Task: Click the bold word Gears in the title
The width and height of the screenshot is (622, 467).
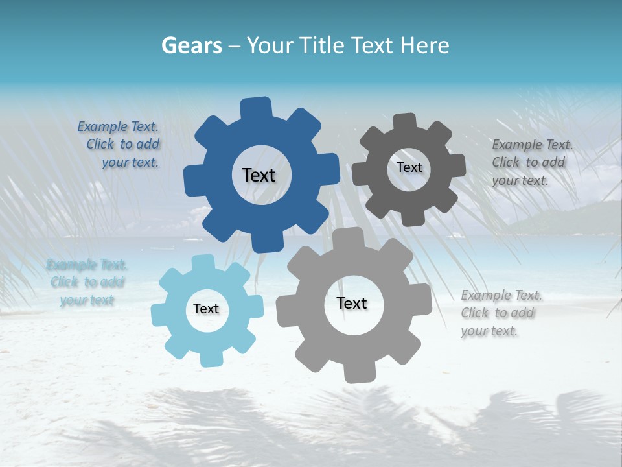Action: [191, 45]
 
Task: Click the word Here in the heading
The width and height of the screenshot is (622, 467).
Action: [424, 45]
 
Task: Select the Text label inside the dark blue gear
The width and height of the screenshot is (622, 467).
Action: [259, 175]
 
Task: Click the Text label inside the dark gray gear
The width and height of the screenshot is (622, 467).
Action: [409, 167]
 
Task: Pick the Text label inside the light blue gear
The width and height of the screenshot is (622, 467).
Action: [206, 309]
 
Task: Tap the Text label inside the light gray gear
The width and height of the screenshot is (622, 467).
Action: [352, 303]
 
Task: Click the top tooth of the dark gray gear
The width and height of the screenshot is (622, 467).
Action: [405, 121]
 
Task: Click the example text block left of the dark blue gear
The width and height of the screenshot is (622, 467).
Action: [119, 145]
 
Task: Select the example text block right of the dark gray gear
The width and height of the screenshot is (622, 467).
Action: [531, 162]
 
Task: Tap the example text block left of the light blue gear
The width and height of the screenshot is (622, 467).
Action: [87, 282]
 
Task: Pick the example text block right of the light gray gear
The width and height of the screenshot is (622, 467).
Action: [500, 313]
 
